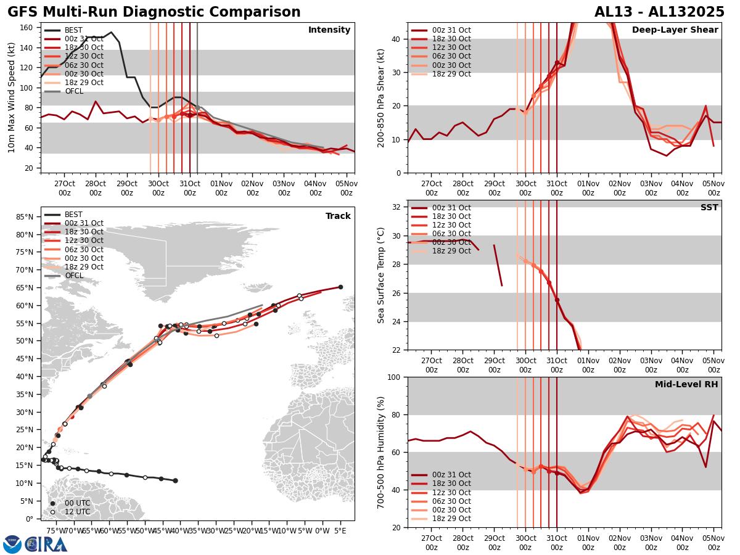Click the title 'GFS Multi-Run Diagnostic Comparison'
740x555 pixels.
(154, 12)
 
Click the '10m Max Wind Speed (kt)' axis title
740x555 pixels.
(12, 97)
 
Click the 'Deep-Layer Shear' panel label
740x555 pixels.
(675, 30)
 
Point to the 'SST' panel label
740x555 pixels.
(709, 208)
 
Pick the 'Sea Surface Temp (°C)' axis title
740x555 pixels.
(381, 275)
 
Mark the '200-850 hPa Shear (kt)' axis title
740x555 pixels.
(381, 97)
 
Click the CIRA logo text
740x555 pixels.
(46, 544)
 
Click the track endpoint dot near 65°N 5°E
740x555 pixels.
(340, 287)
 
